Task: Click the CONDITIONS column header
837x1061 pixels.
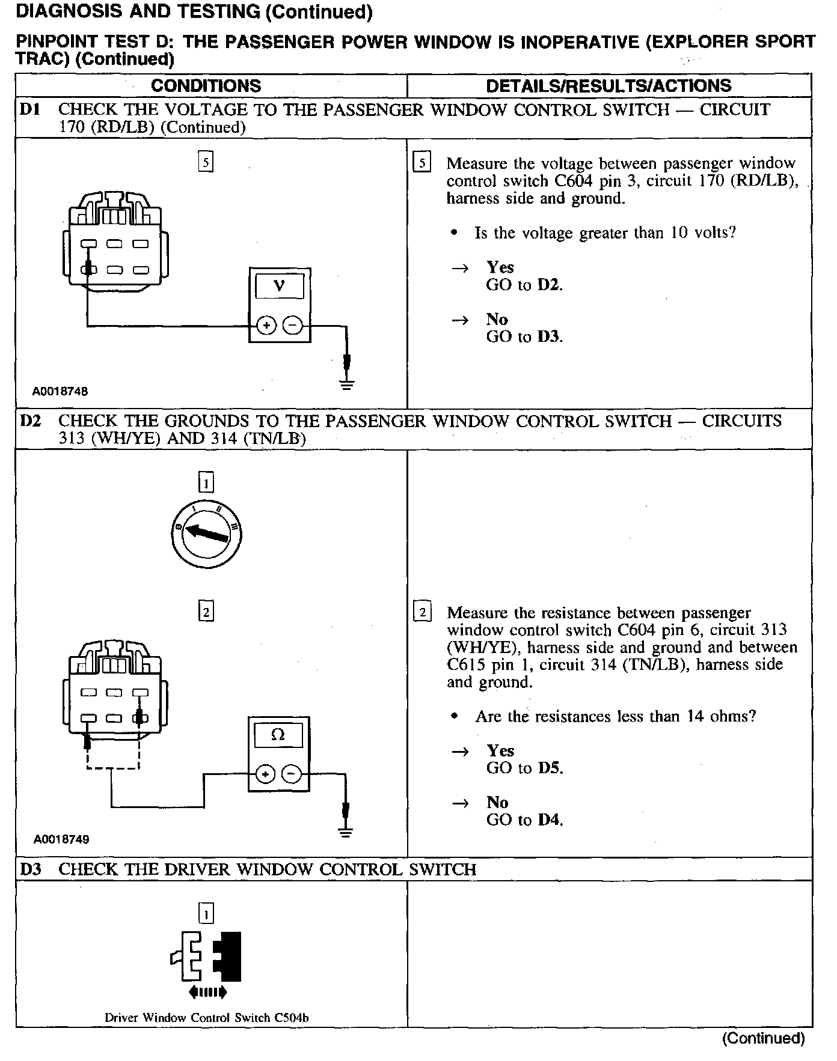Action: point(206,85)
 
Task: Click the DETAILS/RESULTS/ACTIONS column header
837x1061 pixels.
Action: point(609,85)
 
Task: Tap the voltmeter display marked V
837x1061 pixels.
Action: point(280,286)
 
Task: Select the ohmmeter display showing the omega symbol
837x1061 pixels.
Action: point(278,734)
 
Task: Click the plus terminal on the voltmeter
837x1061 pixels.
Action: point(266,326)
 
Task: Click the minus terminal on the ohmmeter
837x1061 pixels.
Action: point(292,774)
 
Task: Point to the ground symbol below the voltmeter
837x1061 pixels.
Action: point(346,383)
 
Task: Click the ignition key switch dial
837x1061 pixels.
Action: point(206,532)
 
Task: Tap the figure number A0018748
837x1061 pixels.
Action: point(60,391)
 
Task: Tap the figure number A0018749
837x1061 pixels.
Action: point(61,839)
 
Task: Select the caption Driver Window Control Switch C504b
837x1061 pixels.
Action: point(207,1018)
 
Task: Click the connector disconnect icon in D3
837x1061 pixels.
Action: point(207,962)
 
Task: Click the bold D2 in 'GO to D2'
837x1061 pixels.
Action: point(549,285)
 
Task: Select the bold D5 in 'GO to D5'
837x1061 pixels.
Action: point(550,768)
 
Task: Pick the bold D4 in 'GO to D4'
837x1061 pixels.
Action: point(550,819)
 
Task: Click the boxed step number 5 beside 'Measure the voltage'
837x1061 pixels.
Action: point(422,163)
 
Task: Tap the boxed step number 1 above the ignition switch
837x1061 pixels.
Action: point(206,482)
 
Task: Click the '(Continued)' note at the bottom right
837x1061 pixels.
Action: point(763,1038)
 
